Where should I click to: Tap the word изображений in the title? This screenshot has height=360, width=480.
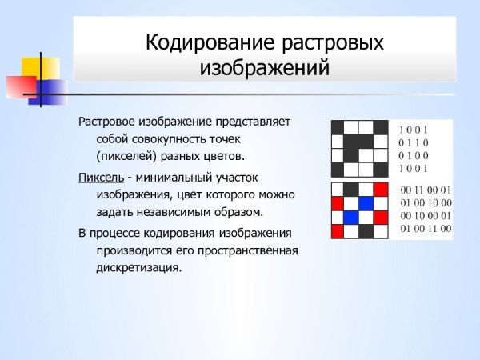[x=264, y=68]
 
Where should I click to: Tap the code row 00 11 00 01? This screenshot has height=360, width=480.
[x=426, y=190]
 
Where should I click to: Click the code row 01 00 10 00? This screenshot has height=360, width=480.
[x=426, y=203]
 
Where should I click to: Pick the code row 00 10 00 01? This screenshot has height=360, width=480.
[x=426, y=216]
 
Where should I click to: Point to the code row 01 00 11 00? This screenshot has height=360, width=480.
[x=426, y=229]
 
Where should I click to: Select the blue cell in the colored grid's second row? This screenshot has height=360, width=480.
[x=366, y=203]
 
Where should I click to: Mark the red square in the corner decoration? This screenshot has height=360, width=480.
[x=18, y=85]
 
